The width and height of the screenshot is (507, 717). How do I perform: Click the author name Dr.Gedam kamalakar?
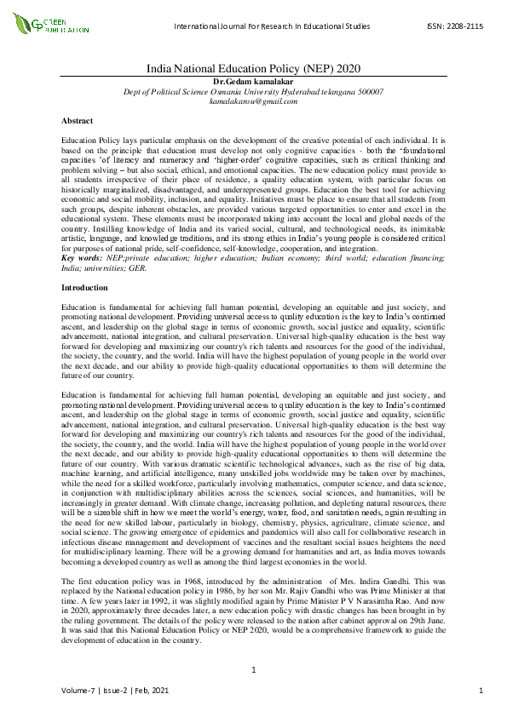coord(253,80)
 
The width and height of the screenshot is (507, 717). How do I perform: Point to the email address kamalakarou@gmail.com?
coord(253,100)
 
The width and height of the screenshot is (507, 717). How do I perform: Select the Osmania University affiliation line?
coord(253,90)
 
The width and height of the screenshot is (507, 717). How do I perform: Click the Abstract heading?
coord(78,121)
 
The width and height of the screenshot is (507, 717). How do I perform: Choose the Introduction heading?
coord(85,288)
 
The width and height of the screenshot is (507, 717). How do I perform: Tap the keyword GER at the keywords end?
coord(137,267)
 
